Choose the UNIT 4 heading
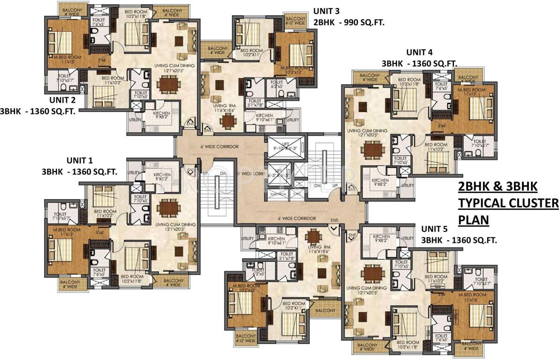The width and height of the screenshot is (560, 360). (x=419, y=52)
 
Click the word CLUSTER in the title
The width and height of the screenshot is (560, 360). (x=532, y=203)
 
